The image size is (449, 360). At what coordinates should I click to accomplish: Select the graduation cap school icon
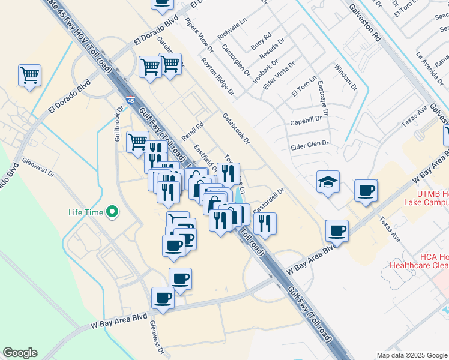[328, 182]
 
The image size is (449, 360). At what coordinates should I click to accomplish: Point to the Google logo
[20, 353]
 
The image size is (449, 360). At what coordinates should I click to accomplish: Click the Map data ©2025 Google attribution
[412, 355]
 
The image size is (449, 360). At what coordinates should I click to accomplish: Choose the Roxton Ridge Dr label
[217, 76]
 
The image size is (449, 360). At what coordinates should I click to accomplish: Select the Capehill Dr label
[307, 119]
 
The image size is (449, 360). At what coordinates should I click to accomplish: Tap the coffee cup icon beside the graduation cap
[366, 191]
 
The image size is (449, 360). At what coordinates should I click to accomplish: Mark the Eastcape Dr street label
[324, 98]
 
